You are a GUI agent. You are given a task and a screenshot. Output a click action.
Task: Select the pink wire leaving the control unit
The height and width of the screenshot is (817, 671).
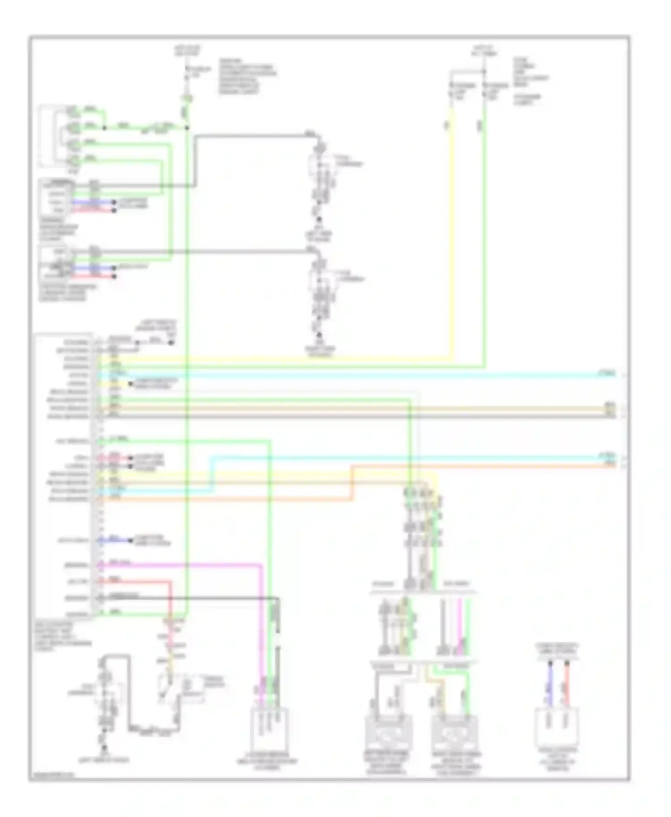pos(179,565)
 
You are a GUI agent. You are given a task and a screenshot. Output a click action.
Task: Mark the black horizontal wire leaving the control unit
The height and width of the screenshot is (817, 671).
pos(188,598)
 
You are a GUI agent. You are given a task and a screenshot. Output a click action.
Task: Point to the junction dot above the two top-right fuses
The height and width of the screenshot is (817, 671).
pos(484,72)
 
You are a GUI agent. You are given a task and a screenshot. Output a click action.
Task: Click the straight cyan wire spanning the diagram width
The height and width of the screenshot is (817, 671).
pos(358,375)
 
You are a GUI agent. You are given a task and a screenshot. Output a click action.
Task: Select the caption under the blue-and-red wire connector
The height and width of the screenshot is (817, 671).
pos(558,760)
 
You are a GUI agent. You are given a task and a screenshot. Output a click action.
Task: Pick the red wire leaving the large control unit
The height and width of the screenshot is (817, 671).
pos(134,581)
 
